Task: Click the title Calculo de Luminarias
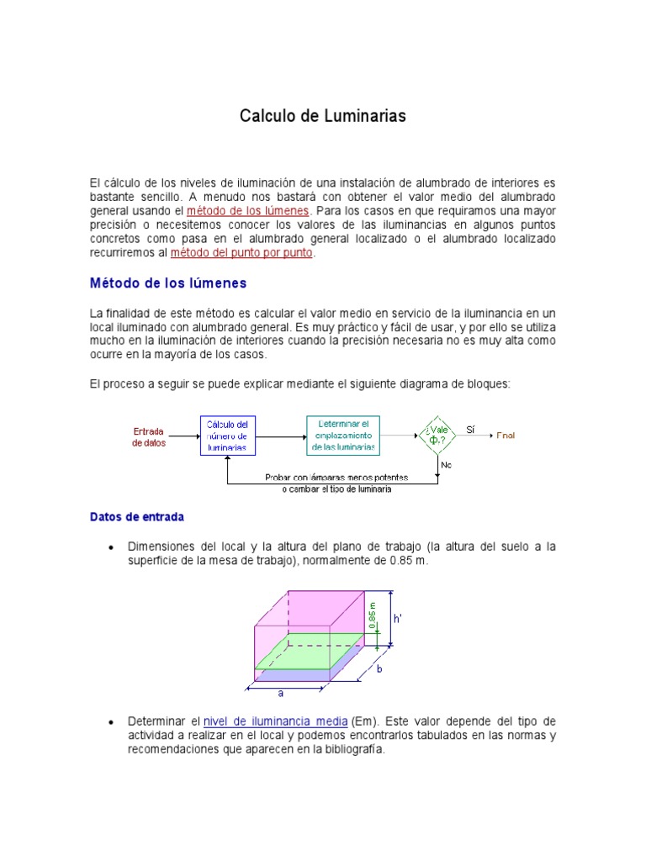click(323, 116)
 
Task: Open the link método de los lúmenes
click(248, 210)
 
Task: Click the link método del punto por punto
click(241, 252)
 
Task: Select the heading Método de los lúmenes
click(168, 283)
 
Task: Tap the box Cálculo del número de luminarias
click(227, 436)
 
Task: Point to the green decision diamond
click(437, 436)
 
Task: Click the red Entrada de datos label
click(149, 437)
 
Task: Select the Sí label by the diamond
click(470, 430)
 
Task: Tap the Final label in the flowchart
click(506, 436)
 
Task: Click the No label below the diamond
click(446, 464)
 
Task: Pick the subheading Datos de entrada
click(136, 517)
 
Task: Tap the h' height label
click(398, 618)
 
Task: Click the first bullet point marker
click(111, 547)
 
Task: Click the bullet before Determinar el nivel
click(111, 723)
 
